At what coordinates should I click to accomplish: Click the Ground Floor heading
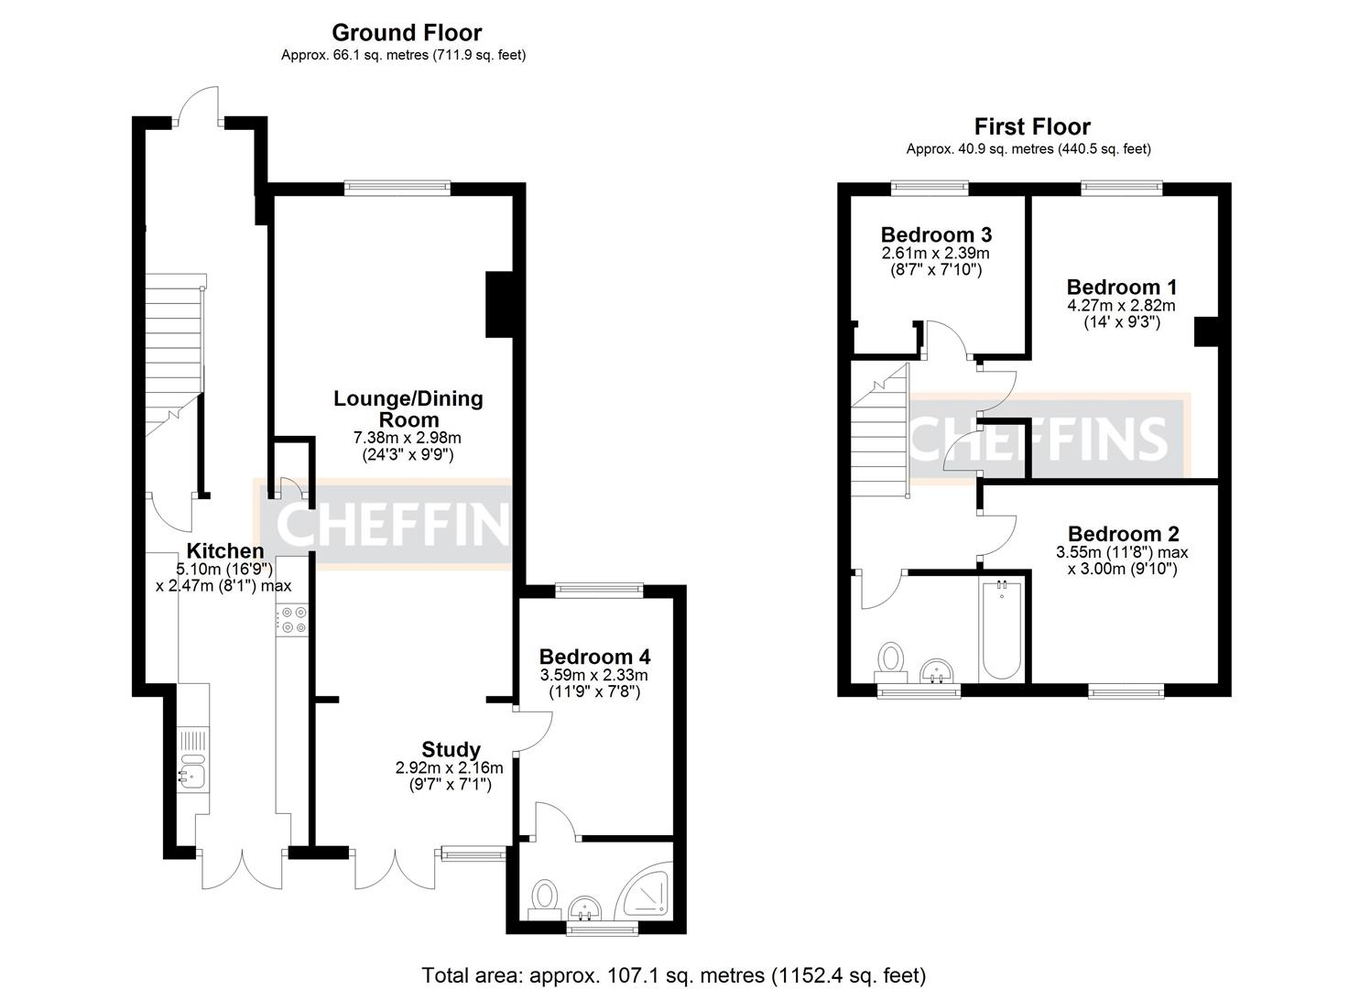[x=406, y=33]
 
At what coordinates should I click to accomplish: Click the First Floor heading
[x=1031, y=126]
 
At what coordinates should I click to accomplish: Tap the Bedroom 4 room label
[x=594, y=657]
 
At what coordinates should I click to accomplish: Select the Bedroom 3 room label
[x=936, y=234]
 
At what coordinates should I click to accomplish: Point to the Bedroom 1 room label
[x=1122, y=287]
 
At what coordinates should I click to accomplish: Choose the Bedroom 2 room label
[x=1123, y=534]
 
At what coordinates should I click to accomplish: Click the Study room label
[x=451, y=749]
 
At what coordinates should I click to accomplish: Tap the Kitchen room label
[x=225, y=551]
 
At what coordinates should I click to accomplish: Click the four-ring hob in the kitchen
[x=294, y=620]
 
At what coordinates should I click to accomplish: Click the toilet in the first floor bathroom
[x=891, y=661]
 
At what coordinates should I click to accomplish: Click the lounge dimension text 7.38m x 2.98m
[x=408, y=438]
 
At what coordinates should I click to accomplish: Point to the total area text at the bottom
[x=673, y=975]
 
